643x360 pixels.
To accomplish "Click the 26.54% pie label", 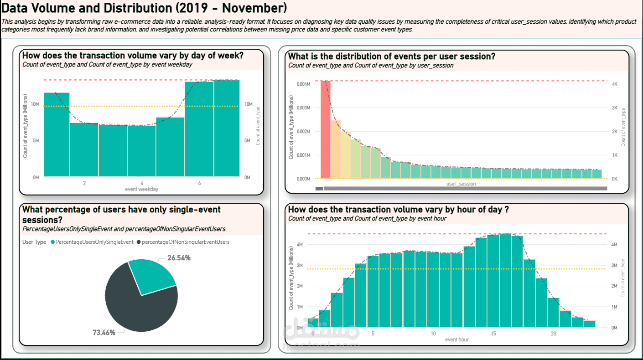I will (x=179, y=258).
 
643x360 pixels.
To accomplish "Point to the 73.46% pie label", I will (x=104, y=333).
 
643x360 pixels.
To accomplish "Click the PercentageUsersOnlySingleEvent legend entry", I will (x=94, y=242).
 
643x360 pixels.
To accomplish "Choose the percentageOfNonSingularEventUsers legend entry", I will (x=185, y=242).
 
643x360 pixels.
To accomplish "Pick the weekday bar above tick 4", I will (x=142, y=150).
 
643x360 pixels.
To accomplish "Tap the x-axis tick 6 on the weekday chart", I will (x=199, y=183).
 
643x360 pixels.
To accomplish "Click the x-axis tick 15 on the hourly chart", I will (x=493, y=334).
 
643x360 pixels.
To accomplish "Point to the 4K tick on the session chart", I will (x=615, y=84).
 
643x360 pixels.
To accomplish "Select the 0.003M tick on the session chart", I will (x=303, y=108).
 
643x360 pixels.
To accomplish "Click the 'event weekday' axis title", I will (x=142, y=189).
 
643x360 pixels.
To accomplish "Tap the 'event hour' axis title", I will (x=457, y=339).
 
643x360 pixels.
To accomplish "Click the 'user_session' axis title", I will (x=462, y=184).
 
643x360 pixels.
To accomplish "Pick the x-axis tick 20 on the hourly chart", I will (x=554, y=334).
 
